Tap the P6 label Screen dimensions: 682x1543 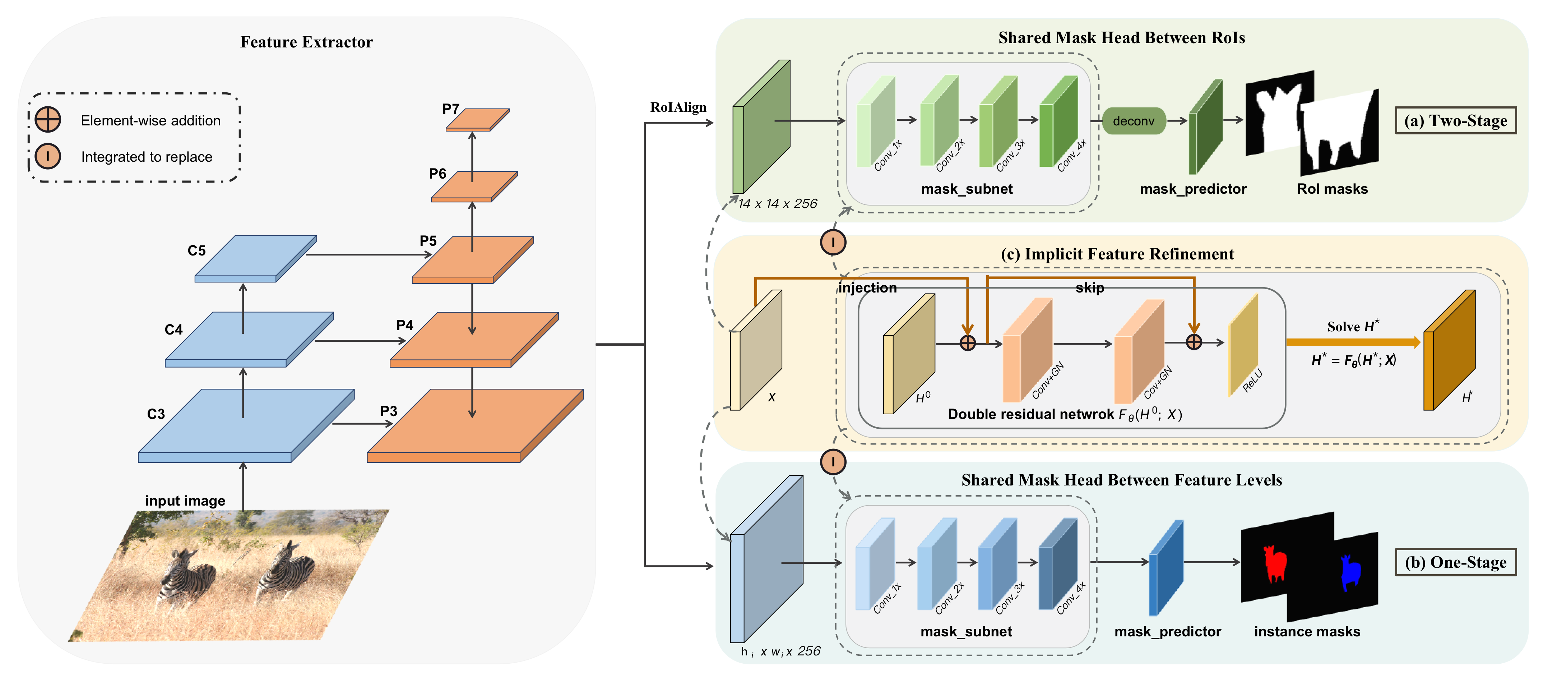point(437,174)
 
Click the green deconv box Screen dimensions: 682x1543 point(1133,121)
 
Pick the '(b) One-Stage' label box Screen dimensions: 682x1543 point(1456,562)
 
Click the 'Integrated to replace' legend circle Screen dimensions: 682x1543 point(48,156)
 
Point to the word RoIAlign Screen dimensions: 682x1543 point(678,107)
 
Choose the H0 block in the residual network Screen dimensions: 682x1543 point(909,354)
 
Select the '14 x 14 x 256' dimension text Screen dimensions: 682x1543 point(778,204)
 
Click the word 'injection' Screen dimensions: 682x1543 point(867,288)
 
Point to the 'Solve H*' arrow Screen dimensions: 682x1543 point(1353,342)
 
